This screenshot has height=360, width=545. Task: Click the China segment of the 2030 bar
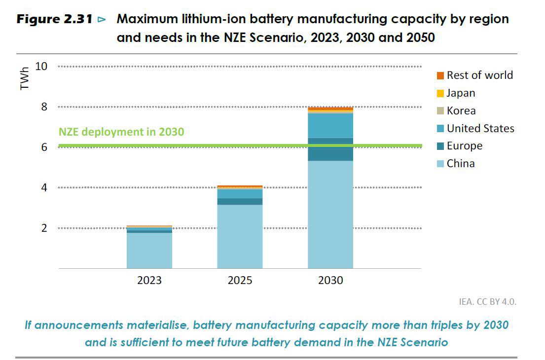(x=330, y=215)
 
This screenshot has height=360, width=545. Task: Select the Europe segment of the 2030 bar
(x=330, y=149)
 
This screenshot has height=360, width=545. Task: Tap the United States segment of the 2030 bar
(x=330, y=125)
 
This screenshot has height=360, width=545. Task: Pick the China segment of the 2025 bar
(x=240, y=236)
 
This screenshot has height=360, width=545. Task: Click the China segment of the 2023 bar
(x=149, y=251)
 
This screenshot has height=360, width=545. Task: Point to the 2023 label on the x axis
(x=149, y=281)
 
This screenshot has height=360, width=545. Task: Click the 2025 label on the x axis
(x=240, y=281)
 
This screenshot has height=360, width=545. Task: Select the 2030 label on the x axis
(x=330, y=281)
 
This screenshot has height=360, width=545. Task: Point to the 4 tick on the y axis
(x=44, y=187)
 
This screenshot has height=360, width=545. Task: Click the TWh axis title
(x=25, y=79)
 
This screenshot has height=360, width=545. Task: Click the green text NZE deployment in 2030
(x=121, y=132)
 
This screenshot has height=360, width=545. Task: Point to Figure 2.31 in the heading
(x=55, y=20)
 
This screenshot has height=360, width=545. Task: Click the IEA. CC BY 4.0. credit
(x=487, y=302)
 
